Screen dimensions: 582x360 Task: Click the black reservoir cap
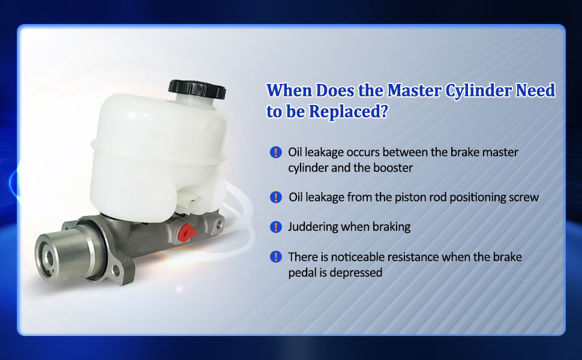coord(197,89)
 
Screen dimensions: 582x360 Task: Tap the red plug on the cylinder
coord(187,233)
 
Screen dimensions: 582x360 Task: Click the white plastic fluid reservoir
coord(159,156)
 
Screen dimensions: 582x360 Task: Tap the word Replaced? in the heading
coord(349,112)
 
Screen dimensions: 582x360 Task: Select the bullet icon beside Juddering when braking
coord(276,227)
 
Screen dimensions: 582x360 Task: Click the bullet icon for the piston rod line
coord(276,197)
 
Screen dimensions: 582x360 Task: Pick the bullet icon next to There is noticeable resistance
coord(276,256)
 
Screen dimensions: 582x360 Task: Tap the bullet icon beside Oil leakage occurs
coord(276,152)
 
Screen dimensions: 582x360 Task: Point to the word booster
coord(393,168)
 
